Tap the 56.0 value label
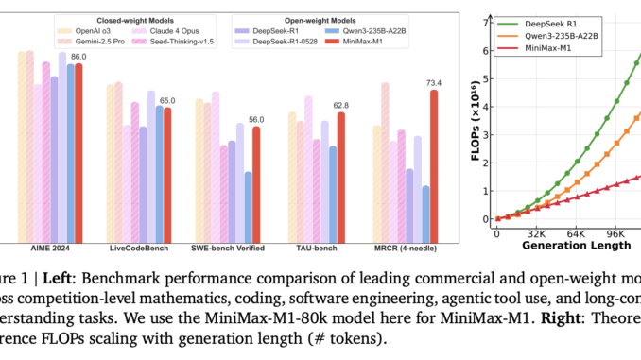coord(255,119)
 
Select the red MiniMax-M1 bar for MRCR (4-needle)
coord(434,165)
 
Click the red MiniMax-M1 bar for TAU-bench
coord(341,177)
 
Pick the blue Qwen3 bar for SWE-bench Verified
coord(248,206)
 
